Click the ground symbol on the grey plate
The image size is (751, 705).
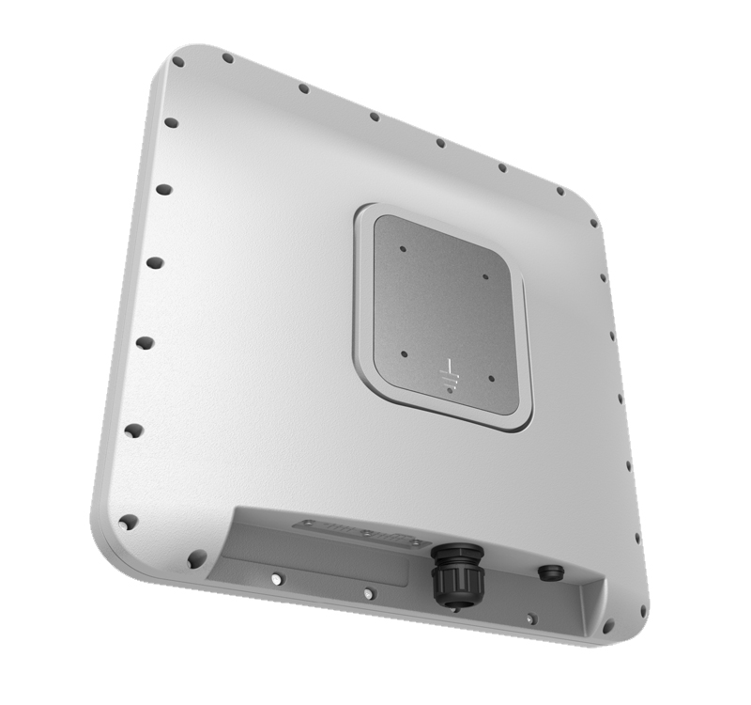point(449,374)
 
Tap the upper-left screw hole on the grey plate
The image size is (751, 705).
point(402,250)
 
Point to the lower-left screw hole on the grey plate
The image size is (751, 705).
point(404,354)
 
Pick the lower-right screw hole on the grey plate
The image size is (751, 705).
point(491,380)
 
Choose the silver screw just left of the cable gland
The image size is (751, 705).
point(369,593)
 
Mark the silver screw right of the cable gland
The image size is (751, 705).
point(530,618)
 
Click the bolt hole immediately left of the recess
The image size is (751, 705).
point(196,558)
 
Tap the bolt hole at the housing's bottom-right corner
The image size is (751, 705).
point(608,625)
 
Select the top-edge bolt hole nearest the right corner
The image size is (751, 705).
point(560,191)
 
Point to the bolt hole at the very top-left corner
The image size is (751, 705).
point(177,62)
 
